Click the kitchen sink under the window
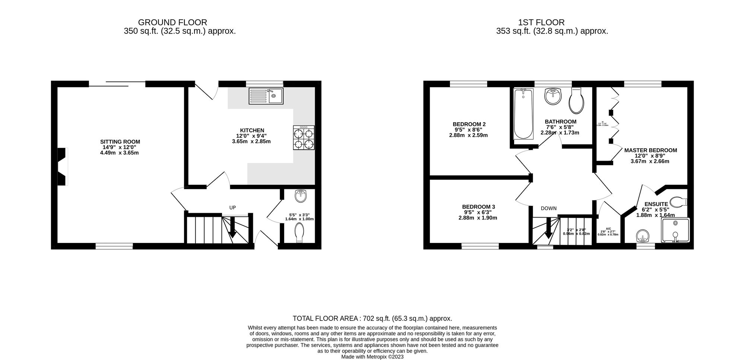[x=266, y=96]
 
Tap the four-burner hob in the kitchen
[x=304, y=138]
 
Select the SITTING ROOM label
[x=120, y=142]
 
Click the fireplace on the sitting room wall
[x=63, y=167]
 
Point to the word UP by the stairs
[x=232, y=208]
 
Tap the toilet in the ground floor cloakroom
[x=300, y=233]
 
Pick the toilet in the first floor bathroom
[x=576, y=101]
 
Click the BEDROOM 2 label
[x=469, y=124]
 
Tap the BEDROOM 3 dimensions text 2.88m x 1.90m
[x=478, y=218]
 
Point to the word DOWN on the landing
[x=549, y=208]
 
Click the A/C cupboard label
[x=608, y=229]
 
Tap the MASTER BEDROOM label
[x=650, y=150]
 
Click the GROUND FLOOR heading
[x=172, y=22]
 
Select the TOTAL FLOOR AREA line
[x=372, y=318]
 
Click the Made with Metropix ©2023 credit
[x=372, y=357]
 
